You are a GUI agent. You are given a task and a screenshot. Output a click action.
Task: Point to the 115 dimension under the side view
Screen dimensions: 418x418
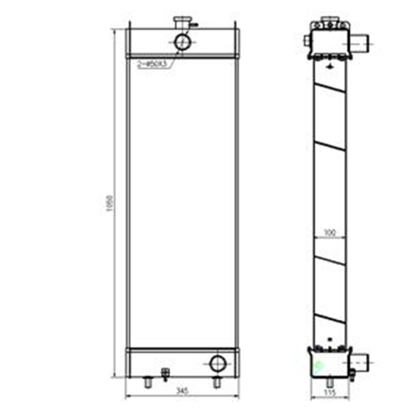point(329,392)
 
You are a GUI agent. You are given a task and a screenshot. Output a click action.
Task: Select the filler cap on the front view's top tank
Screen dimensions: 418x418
point(182,24)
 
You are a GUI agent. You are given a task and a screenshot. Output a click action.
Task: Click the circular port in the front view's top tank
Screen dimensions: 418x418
point(182,41)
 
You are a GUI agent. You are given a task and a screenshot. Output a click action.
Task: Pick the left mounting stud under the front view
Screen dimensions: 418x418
point(148,383)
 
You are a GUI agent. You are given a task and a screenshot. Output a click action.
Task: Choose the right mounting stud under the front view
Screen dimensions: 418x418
point(216,382)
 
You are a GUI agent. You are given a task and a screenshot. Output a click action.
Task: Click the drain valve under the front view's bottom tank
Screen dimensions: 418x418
point(166,374)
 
